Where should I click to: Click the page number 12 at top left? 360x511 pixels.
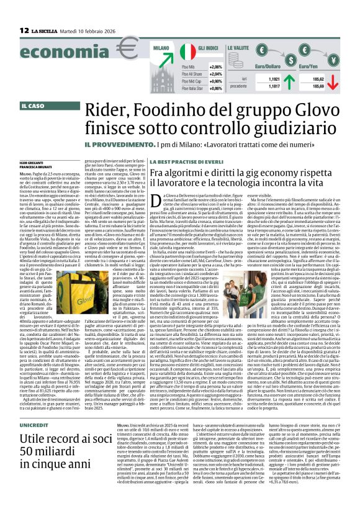point(24,30)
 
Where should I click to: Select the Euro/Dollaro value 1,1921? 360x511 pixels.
point(274,79)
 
